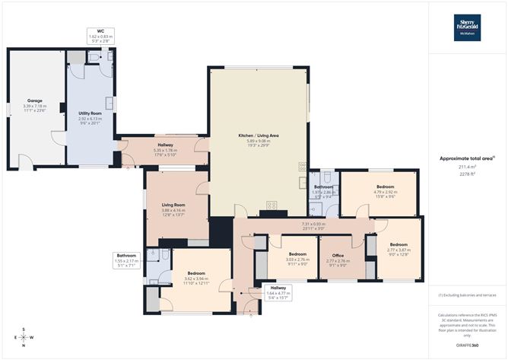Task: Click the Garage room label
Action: point(35,100)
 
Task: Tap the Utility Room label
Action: point(90,113)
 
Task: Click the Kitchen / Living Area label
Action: point(258,135)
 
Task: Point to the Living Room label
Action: point(173,204)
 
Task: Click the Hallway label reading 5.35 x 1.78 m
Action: point(165,145)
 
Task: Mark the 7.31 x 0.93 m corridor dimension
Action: point(313,225)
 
